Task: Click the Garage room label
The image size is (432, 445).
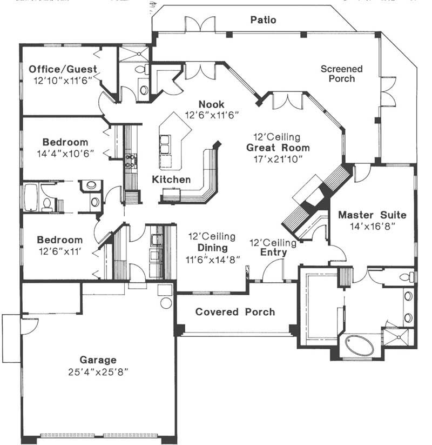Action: coord(98,360)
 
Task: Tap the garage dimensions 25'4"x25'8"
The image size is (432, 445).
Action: coord(98,372)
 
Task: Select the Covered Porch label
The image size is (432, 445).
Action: coord(235,312)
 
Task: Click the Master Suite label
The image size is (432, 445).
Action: coord(372,215)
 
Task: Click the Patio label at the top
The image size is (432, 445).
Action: coord(264,20)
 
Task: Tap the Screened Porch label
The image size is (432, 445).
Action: coord(341,74)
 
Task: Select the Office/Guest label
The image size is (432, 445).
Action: coord(63,69)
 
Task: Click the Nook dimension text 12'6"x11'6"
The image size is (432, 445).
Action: coord(212,115)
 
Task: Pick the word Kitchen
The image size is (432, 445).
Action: coord(171,180)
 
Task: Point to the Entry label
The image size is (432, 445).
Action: coord(273,253)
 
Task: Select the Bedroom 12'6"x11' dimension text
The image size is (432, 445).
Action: coord(59,250)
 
